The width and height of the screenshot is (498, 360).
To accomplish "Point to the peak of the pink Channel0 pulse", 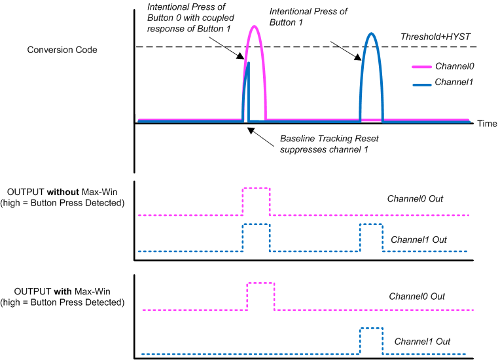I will [254, 27].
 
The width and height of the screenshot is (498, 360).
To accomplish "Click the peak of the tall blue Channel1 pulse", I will [371, 33].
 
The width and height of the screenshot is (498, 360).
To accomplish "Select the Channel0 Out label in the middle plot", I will [416, 198].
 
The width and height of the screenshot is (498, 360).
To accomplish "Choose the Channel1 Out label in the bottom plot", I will [422, 341].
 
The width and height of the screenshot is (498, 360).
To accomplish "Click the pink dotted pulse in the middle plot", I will [256, 189].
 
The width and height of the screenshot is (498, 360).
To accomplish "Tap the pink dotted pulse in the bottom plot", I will [260, 283].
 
